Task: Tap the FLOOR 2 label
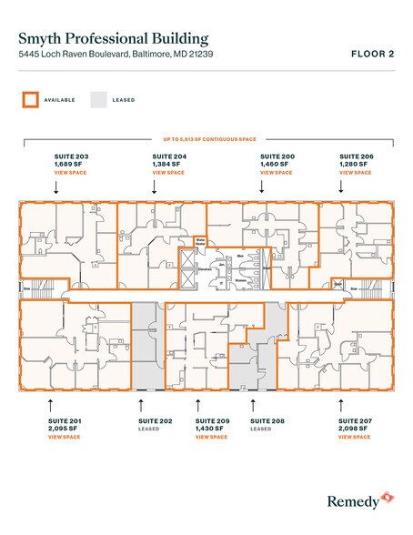[x=372, y=55]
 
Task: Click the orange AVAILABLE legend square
[x=31, y=99]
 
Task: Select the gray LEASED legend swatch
[x=98, y=99]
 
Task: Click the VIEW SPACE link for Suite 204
[x=167, y=172]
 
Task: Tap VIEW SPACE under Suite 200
[x=277, y=172]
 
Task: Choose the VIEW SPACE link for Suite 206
[x=355, y=172]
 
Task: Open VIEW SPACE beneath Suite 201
[x=64, y=438]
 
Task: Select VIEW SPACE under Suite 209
[x=211, y=438]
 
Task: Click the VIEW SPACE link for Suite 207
[x=354, y=438]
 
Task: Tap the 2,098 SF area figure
[x=354, y=429]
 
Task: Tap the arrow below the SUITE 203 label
[x=56, y=187]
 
